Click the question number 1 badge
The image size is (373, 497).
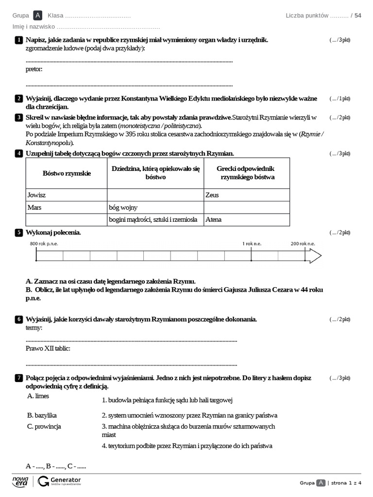(18, 40)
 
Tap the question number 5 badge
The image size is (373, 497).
(18, 232)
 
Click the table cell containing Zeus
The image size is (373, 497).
(247, 195)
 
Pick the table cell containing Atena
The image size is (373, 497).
(247, 219)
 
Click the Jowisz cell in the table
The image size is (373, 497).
(67, 195)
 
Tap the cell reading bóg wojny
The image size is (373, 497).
(155, 207)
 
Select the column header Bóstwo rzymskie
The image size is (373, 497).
(67, 173)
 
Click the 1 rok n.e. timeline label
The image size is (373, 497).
(252, 244)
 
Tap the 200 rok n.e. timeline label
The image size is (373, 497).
(303, 244)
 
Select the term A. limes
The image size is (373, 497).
(38, 396)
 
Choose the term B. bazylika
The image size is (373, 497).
(42, 415)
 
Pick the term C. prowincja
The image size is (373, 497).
(44, 427)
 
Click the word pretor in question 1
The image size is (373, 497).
(34, 69)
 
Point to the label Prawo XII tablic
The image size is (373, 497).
(48, 348)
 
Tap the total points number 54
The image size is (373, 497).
(358, 16)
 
